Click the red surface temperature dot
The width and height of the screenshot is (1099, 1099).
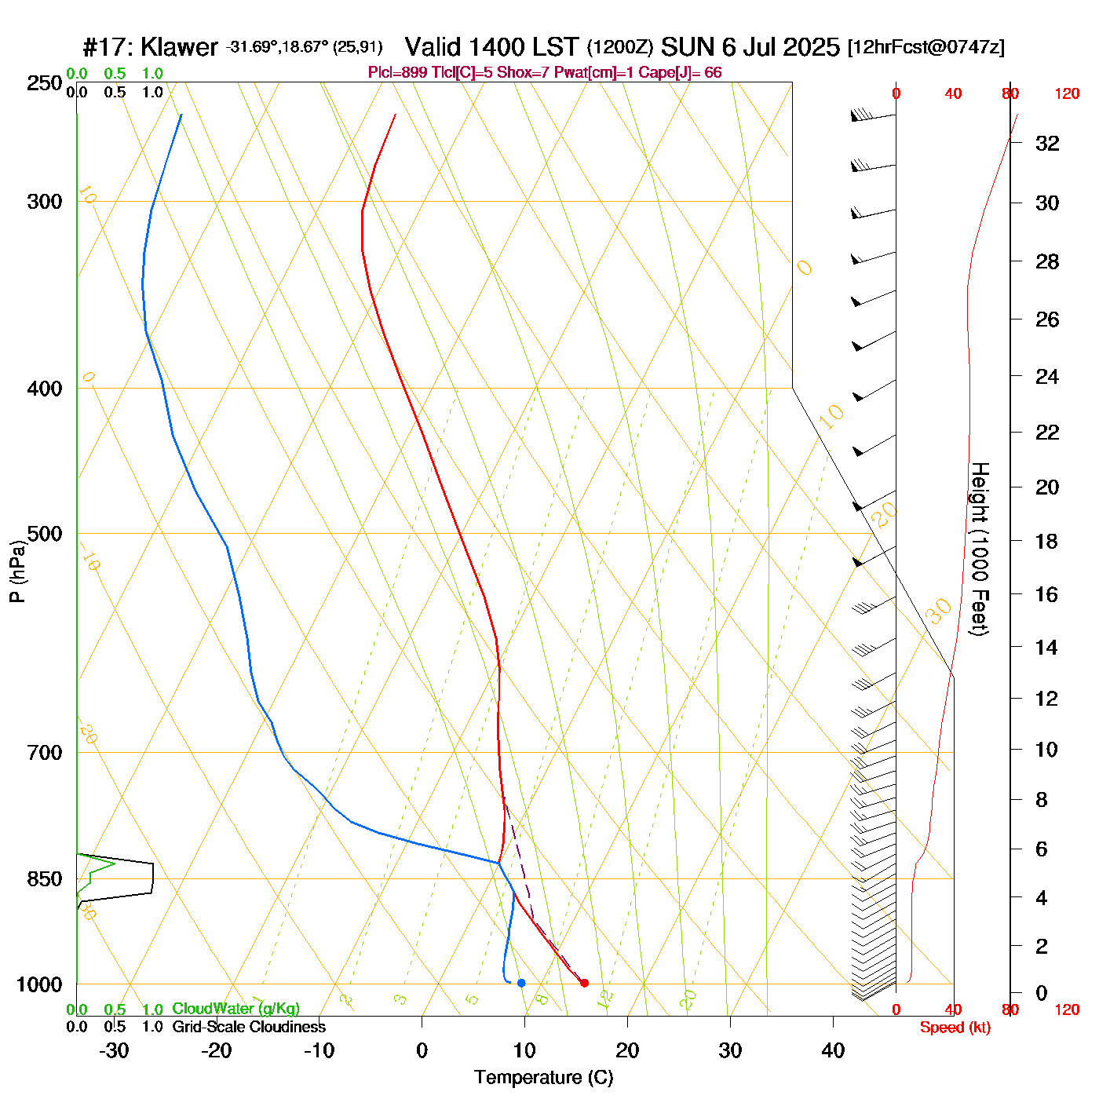click(x=584, y=983)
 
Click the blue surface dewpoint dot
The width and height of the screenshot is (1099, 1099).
click(x=521, y=983)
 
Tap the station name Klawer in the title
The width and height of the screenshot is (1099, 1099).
click(x=179, y=47)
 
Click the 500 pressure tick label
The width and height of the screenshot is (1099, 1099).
click(x=45, y=534)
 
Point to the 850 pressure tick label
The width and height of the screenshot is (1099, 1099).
click(x=45, y=879)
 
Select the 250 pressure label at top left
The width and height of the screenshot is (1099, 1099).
click(x=45, y=83)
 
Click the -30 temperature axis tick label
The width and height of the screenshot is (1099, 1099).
click(x=114, y=1050)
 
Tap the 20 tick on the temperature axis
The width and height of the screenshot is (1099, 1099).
click(x=627, y=1050)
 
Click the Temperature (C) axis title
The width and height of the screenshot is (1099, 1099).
click(x=543, y=1078)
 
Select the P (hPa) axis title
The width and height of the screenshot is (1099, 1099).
click(x=17, y=571)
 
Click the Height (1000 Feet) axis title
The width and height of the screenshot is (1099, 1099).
click(x=979, y=549)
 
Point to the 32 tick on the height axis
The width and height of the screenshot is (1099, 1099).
click(x=1047, y=143)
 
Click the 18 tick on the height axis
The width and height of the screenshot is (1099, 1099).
click(x=1047, y=541)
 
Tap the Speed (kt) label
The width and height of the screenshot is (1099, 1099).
click(x=955, y=1028)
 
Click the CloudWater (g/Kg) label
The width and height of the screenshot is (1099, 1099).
click(x=235, y=1009)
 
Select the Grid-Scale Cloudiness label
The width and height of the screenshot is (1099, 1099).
click(x=249, y=1027)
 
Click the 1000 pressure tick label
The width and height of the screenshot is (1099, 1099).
click(x=39, y=984)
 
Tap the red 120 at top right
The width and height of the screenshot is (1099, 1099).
click(x=1067, y=94)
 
